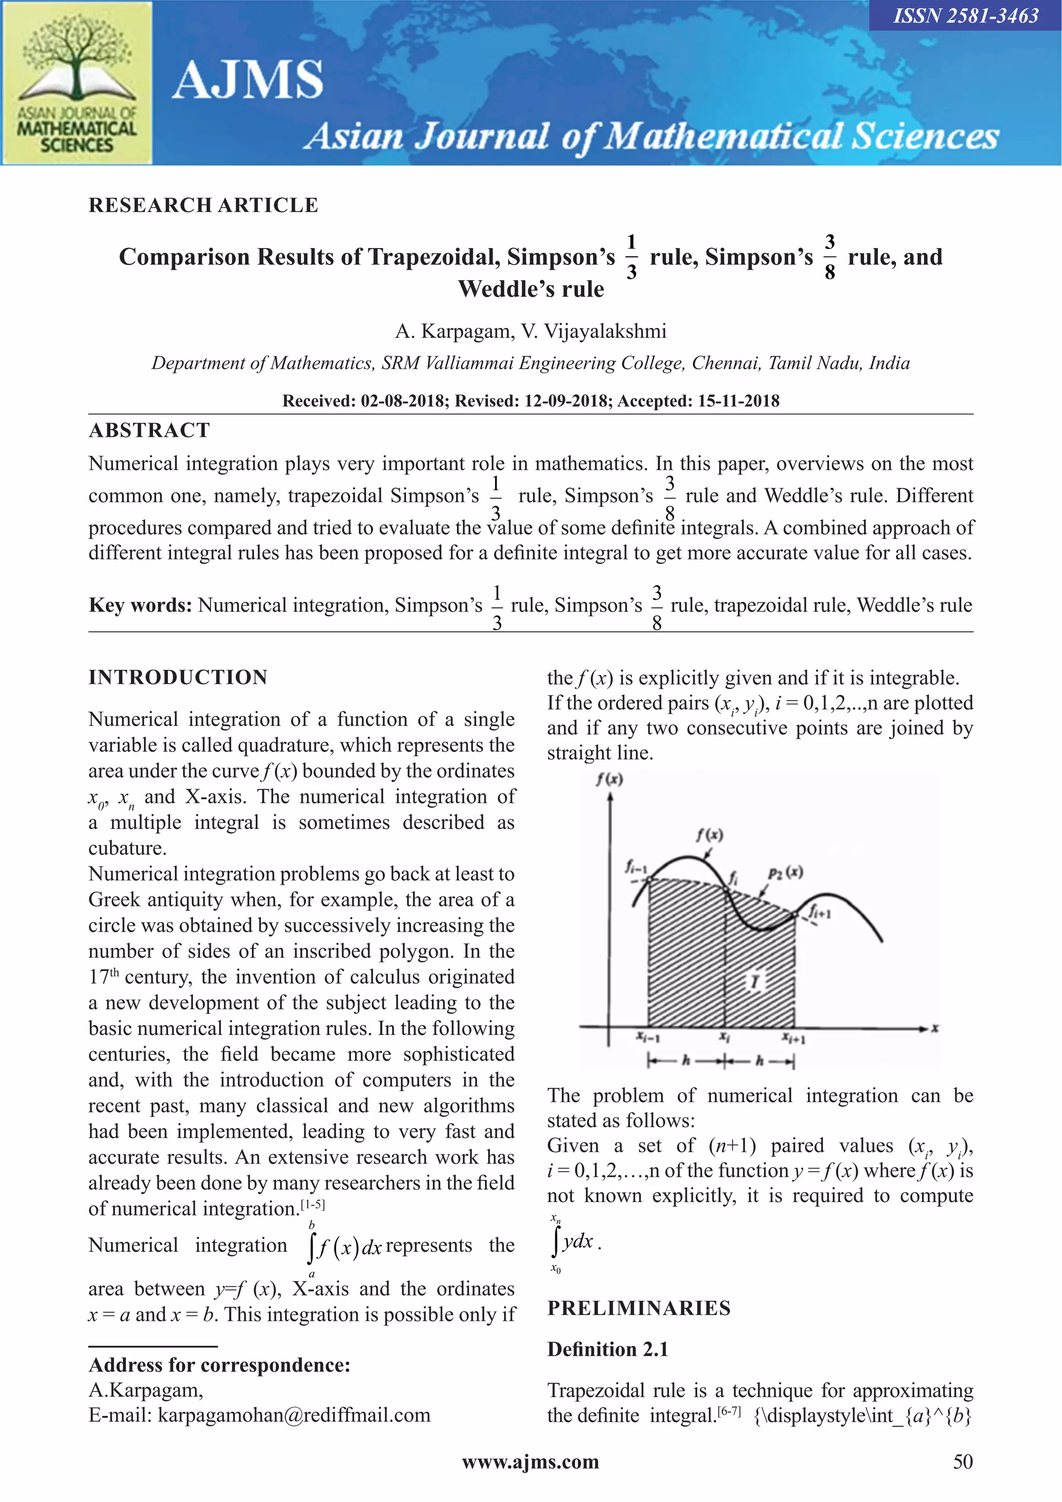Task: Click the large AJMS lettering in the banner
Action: click(x=248, y=80)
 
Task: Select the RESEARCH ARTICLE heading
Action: click(x=203, y=205)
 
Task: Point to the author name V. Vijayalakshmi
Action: click(x=594, y=332)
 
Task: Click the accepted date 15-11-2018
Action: click(x=738, y=401)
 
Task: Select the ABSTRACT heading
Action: click(x=150, y=431)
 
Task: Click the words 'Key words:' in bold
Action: click(x=140, y=605)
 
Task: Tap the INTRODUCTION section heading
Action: click(x=178, y=677)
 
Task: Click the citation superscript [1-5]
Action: click(x=313, y=1204)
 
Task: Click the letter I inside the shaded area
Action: click(x=756, y=981)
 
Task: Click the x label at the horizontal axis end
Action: click(x=935, y=1028)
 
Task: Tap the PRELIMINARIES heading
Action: click(x=639, y=1308)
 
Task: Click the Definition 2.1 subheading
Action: click(x=608, y=1349)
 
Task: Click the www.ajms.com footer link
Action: click(x=530, y=1462)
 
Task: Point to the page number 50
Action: click(x=962, y=1462)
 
